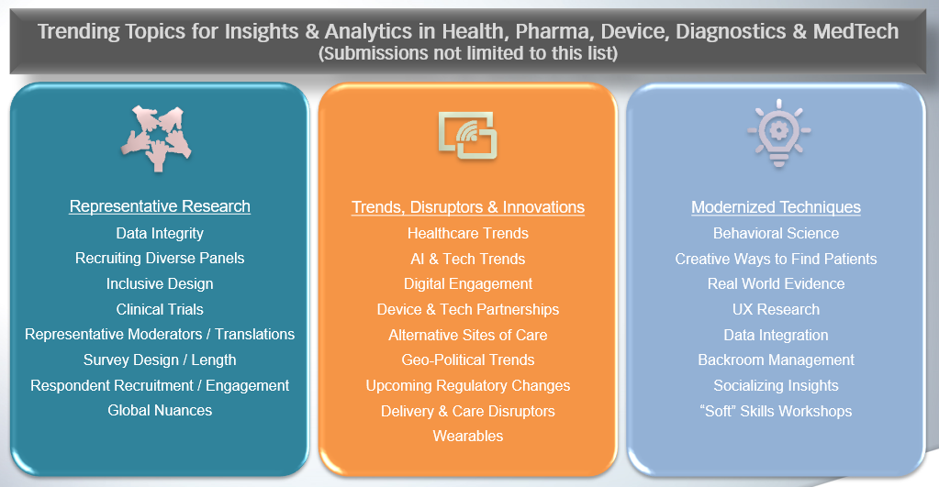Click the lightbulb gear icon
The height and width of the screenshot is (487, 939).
coord(778,133)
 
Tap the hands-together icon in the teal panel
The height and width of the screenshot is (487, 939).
coord(157,138)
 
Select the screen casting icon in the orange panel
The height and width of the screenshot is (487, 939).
coord(468,135)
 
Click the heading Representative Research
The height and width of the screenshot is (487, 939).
coord(160,206)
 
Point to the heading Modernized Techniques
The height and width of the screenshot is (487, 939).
coord(777,207)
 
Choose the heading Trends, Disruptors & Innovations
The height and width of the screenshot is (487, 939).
coord(468,207)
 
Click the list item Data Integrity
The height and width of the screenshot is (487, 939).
coord(160,233)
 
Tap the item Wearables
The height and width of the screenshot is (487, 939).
coord(468,437)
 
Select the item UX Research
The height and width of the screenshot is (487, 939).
coord(777,309)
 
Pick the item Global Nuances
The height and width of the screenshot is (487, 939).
coord(160,411)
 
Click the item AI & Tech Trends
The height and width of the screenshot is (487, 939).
coord(468,259)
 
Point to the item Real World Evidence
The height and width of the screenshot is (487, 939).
coord(777,283)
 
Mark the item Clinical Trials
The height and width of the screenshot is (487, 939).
coord(160,309)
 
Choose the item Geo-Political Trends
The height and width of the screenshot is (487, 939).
coord(468,360)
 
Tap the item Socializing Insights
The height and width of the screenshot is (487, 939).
coord(777,386)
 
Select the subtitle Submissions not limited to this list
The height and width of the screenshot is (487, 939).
coord(468,53)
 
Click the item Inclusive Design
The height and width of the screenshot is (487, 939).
coord(160,283)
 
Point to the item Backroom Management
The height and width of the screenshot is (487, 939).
coord(777,360)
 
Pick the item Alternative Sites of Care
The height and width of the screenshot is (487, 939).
coord(468,335)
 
